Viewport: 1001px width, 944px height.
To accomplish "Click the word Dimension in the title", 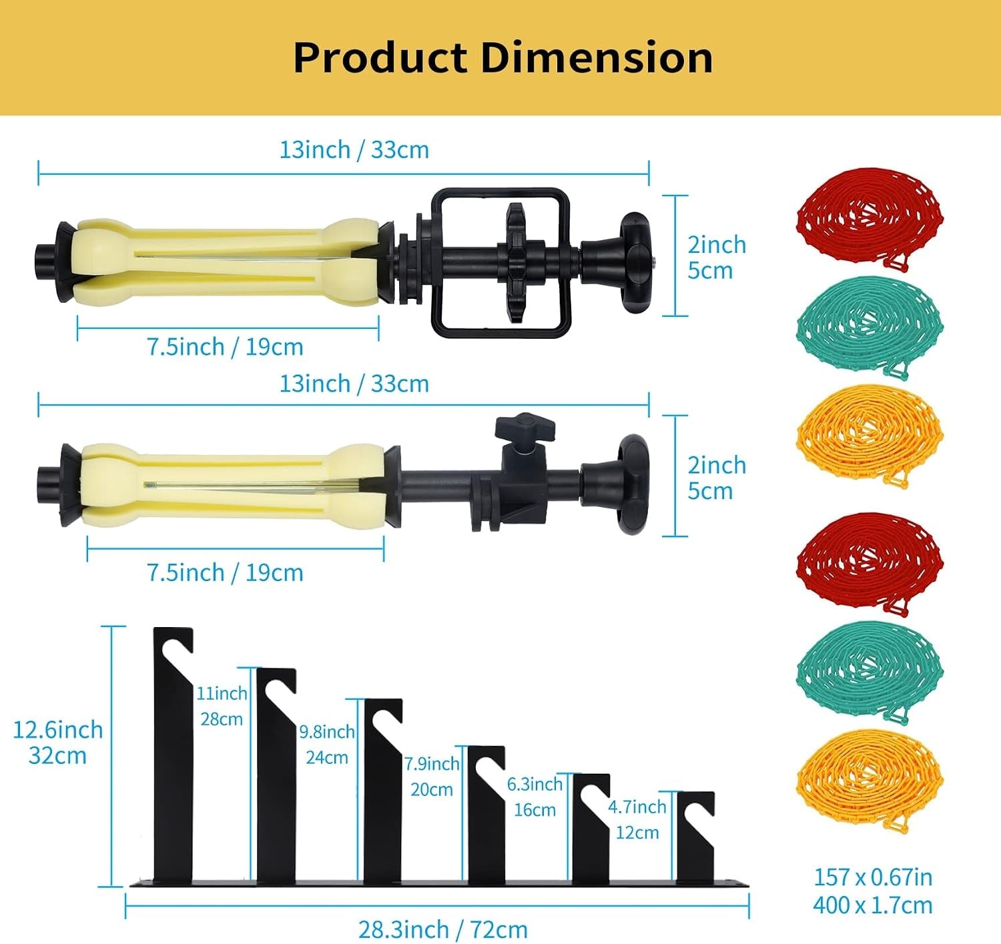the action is [597, 57].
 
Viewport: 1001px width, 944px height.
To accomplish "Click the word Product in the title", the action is [380, 57].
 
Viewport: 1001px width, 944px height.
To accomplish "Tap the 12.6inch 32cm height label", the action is [57, 743].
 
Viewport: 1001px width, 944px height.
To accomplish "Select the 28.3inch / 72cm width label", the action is [443, 929].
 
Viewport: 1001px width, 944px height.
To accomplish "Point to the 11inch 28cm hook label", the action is [222, 706].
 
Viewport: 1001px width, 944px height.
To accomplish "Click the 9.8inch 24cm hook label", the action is [327, 745].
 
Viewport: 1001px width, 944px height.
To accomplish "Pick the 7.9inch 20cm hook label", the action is [432, 776].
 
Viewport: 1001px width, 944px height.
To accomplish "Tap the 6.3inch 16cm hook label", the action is [535, 797].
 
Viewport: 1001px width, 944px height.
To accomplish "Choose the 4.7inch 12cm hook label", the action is [637, 819].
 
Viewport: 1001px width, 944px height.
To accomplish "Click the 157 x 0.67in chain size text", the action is [873, 877].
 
